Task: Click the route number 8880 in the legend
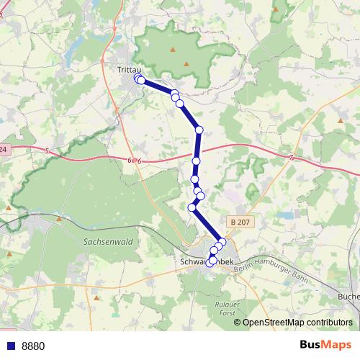(x=33, y=346)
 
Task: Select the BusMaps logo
(x=325, y=345)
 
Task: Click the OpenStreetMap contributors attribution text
(x=297, y=323)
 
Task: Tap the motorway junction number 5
(x=45, y=150)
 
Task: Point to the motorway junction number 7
(x=290, y=157)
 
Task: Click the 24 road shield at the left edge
(x=4, y=149)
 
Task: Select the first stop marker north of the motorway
(x=199, y=130)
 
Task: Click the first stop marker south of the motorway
(x=197, y=161)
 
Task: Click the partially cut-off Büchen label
(x=348, y=296)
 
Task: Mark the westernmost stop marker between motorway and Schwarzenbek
(x=192, y=207)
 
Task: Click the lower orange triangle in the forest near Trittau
(x=186, y=65)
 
